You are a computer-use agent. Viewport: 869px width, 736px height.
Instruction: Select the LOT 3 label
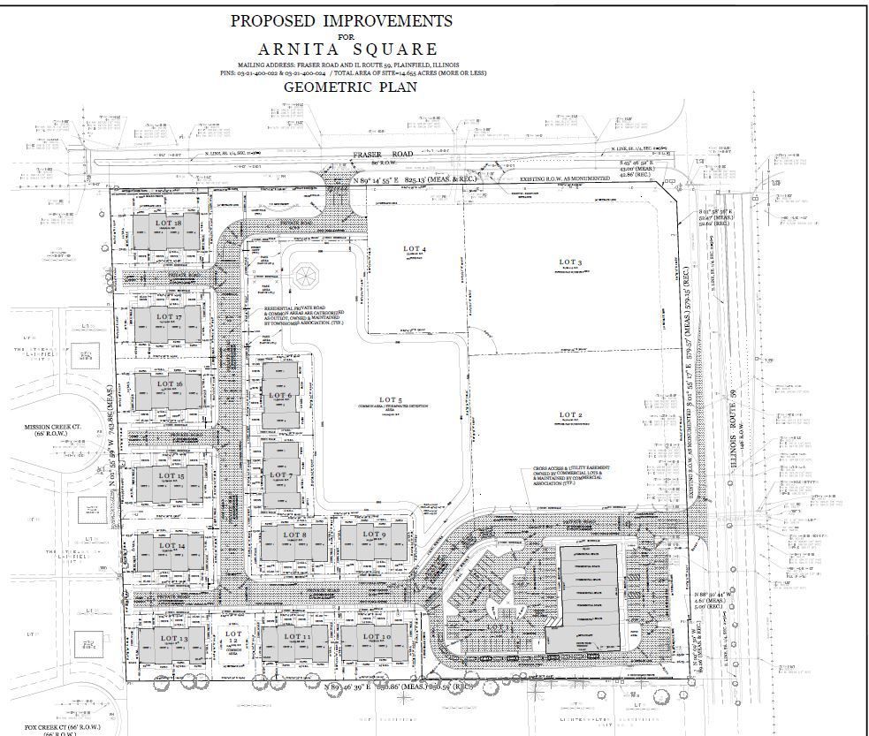pyautogui.click(x=570, y=262)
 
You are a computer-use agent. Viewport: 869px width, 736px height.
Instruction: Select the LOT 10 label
pyautogui.click(x=375, y=636)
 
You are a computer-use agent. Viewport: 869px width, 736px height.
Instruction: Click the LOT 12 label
pyautogui.click(x=233, y=639)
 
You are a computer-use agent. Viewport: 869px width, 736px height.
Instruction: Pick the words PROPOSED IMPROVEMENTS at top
pyautogui.click(x=340, y=20)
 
